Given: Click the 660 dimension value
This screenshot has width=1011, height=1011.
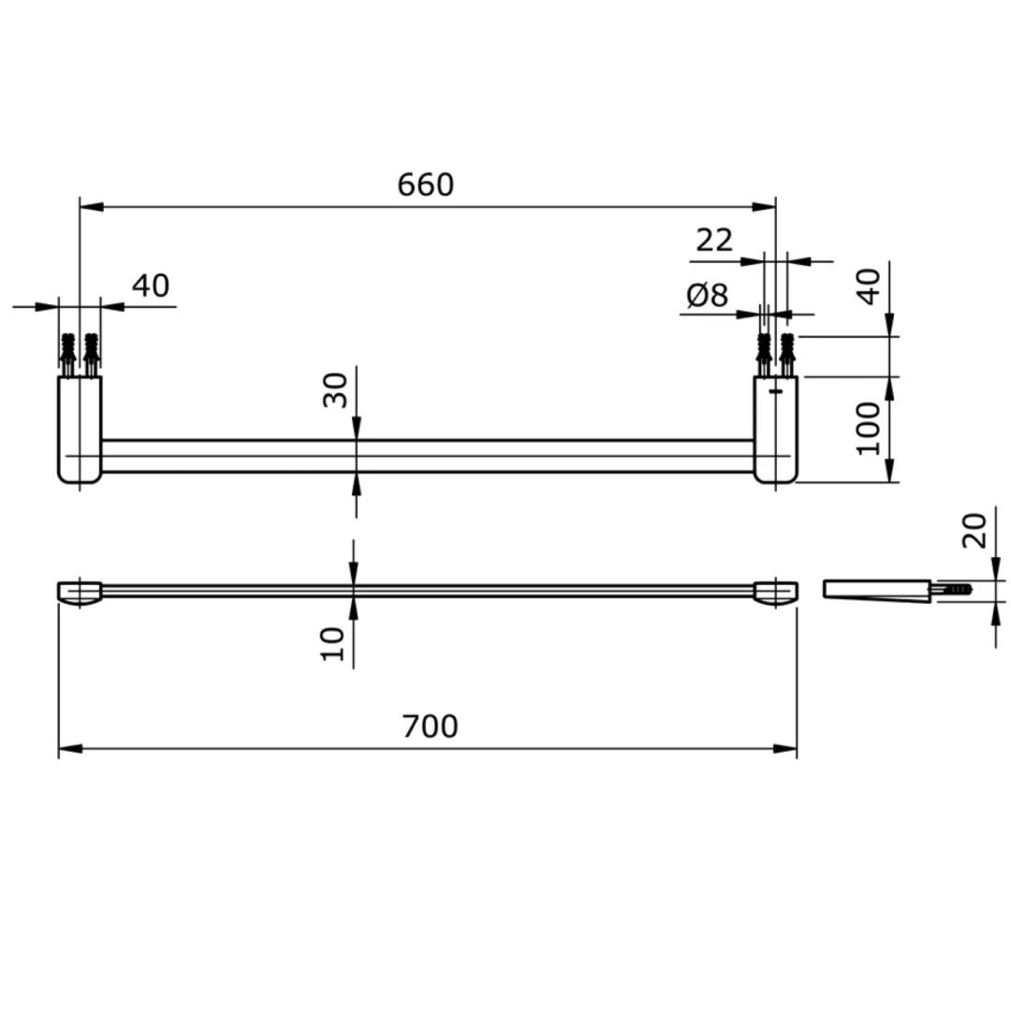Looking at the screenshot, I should tap(426, 185).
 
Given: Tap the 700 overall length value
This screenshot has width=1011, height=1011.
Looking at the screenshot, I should tap(431, 726).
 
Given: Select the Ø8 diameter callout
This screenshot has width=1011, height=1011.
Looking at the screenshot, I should tap(707, 296).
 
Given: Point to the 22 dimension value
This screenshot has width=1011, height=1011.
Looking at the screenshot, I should tap(714, 241).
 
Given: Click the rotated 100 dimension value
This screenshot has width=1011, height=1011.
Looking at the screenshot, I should tap(870, 428).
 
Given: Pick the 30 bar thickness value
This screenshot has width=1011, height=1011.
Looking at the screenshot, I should tap(335, 389).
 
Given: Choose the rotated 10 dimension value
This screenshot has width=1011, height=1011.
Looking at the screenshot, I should tap(333, 644).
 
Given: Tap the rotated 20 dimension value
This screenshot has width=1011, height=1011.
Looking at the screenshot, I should tap(975, 530).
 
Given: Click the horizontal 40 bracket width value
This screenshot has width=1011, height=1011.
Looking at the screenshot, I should tap(151, 286).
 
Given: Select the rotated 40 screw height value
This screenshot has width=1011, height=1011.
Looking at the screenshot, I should tap(870, 286).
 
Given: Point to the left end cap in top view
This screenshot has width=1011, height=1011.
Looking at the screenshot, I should tap(81, 593).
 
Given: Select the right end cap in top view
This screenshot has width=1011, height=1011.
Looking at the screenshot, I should tap(776, 593).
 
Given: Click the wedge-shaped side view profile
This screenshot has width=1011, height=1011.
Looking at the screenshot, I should tap(875, 591).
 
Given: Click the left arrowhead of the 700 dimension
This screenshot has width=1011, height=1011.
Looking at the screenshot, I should tap(66, 749).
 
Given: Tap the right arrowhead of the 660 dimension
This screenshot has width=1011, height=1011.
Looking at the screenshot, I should tap(769, 206).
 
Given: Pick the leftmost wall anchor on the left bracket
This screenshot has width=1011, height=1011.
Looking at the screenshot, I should tap(67, 353).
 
